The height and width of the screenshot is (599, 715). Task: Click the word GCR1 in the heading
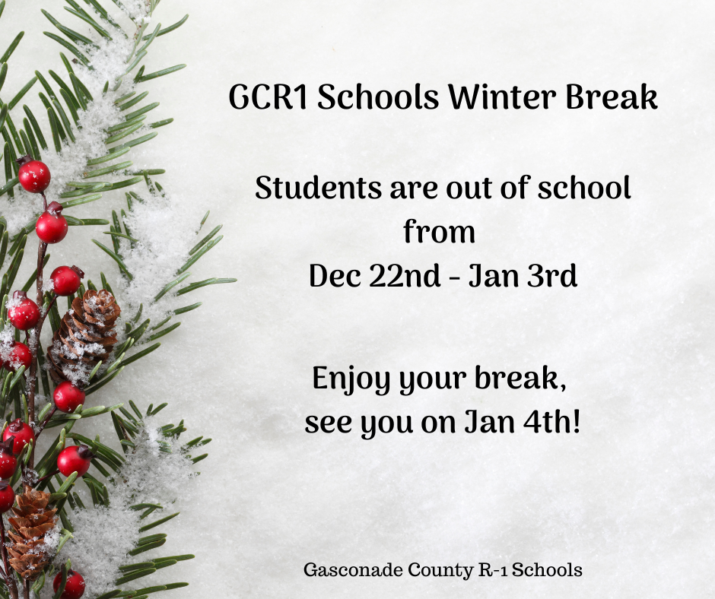pos(268,97)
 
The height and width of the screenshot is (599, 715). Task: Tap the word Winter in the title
pos(501,97)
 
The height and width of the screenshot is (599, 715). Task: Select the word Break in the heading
pos(612,97)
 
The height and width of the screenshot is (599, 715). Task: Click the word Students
pos(318,187)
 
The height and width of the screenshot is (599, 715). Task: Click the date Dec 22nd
pos(375,275)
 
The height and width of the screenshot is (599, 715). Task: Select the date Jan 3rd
pos(523,275)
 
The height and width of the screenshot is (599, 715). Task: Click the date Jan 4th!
pos(523,422)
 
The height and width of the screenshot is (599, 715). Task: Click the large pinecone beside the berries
pos(84,335)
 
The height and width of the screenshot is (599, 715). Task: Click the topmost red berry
pos(33,175)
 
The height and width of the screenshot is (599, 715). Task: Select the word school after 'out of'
pos(584,187)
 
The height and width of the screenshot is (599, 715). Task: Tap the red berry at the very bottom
pos(69,585)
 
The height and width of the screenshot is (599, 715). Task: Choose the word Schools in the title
pos(378,97)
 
